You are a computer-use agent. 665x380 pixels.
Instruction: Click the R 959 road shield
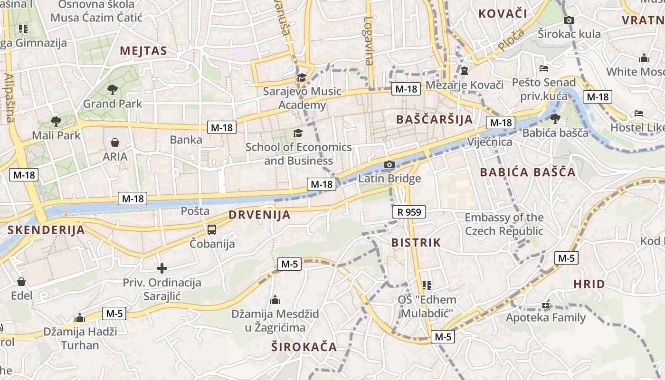pos(409,212)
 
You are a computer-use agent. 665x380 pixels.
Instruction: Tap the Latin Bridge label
pos(389,179)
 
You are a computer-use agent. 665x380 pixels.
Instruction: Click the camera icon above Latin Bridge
pos(389,165)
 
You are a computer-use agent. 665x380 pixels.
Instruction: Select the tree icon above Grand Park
pos(113,89)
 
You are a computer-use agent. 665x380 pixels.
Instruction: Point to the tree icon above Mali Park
pos(56,121)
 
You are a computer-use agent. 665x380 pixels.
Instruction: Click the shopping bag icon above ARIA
pos(115,142)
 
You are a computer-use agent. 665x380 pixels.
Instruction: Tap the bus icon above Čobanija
pos(212,230)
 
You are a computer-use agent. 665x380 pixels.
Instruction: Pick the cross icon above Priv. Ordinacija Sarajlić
pos(162,268)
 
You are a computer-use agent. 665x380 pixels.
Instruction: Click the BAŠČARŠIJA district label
pos(435,119)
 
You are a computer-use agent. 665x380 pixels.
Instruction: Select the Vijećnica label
pos(490,142)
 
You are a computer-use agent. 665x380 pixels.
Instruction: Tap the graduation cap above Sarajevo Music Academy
pos(302,77)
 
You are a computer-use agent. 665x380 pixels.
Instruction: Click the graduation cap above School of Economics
pos(298,133)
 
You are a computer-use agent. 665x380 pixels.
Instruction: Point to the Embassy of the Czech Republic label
pos(504,224)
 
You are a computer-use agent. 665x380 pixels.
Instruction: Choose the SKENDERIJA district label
pos(46,230)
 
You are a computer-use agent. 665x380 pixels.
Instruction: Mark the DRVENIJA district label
pos(259,215)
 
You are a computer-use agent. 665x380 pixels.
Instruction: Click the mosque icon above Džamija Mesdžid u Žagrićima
pos(275,300)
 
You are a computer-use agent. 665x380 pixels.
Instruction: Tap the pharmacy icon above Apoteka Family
pos(546,304)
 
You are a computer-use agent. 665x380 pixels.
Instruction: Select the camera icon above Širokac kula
pos(569,20)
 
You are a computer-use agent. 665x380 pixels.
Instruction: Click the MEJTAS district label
pos(143,51)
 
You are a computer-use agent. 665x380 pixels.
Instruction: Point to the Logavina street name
pos(369,41)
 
